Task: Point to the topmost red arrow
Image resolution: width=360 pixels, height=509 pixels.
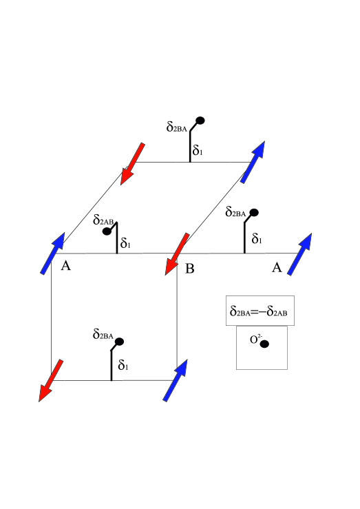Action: coord(132,163)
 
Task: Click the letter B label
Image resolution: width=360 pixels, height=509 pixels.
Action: coord(190,268)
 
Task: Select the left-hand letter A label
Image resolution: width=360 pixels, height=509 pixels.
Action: coord(66,266)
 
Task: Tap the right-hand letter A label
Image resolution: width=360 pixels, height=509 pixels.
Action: coord(277,268)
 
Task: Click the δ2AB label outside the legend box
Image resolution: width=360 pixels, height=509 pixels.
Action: coord(106,220)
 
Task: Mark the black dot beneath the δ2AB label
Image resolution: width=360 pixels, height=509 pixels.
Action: coord(107,231)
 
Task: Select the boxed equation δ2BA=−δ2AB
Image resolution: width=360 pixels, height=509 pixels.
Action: coord(261,311)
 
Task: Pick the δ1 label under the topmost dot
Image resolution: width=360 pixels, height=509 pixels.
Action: coord(198,149)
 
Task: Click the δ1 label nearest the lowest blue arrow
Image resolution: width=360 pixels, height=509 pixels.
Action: coord(124,365)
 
